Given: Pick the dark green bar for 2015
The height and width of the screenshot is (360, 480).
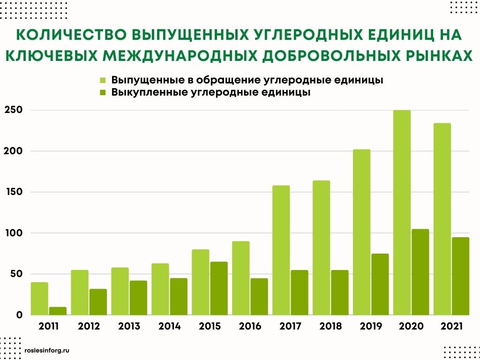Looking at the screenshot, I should [x=219, y=288].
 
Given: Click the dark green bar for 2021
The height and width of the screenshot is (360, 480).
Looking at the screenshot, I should [x=460, y=276].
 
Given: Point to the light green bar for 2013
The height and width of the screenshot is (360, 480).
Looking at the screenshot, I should [x=120, y=291].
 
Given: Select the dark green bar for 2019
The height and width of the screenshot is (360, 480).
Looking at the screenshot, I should [x=380, y=284].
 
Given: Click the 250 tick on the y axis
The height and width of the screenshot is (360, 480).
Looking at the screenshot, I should [x=13, y=110].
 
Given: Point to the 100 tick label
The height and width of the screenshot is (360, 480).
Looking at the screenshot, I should [x=13, y=233].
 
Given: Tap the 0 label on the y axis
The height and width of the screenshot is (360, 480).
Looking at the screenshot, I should [x=19, y=315].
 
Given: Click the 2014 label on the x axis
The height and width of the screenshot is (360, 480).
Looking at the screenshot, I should [x=169, y=326].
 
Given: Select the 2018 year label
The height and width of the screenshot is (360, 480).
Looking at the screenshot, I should [x=330, y=326].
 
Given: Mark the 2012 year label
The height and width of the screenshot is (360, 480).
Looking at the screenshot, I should [x=89, y=326].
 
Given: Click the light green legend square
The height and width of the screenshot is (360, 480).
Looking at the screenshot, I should [x=103, y=80].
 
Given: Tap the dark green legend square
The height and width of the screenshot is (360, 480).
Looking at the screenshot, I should [x=103, y=92].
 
